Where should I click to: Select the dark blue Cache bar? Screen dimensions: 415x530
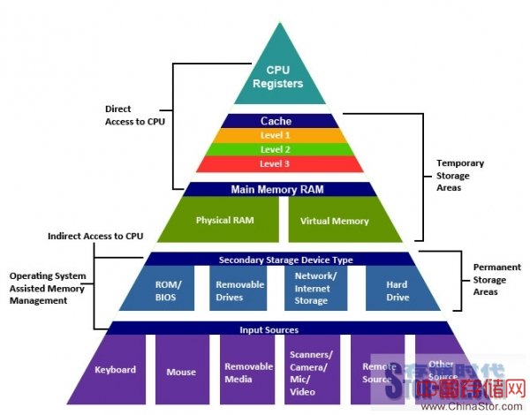(x=276, y=121)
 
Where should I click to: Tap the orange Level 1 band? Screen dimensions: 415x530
(x=276, y=135)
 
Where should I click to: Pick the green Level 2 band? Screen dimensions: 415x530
(x=276, y=150)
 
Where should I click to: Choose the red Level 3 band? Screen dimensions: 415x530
(x=276, y=164)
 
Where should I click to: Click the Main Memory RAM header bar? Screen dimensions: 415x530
(x=276, y=189)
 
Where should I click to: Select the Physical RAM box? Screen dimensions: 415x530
(x=225, y=220)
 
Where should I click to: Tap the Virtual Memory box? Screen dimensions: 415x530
(x=334, y=221)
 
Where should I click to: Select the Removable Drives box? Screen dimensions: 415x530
(x=237, y=290)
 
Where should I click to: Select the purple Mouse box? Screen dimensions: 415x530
(x=181, y=372)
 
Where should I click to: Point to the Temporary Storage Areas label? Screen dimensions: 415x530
(x=462, y=175)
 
